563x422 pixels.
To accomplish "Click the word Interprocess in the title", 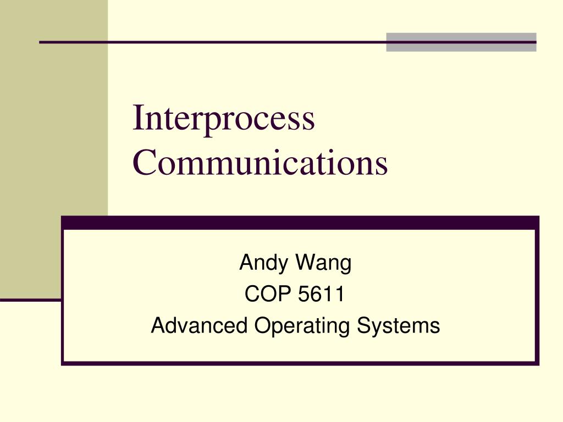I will point(224,119).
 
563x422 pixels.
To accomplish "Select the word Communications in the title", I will point(260,163).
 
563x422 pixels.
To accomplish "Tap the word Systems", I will point(398,326).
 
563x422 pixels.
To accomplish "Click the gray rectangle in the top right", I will point(461,42).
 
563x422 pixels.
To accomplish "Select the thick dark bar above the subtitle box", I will point(300,223).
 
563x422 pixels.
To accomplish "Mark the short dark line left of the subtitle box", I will point(30,300).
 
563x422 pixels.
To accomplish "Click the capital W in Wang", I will point(304,263).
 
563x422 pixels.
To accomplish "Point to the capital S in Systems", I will point(363,326).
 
